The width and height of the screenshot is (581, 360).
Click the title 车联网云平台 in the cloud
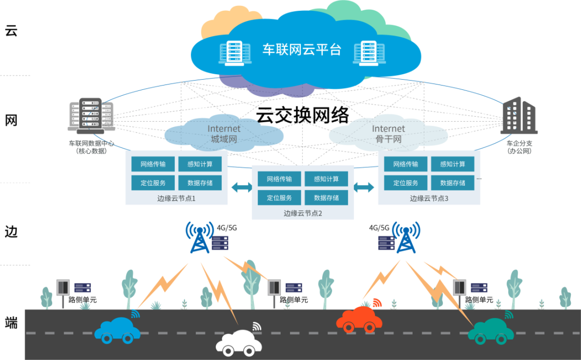(302, 50)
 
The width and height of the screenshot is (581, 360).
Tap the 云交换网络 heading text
(302, 115)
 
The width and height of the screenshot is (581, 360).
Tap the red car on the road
(356, 319)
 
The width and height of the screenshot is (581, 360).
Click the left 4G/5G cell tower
(200, 237)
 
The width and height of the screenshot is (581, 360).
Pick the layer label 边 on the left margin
(11, 232)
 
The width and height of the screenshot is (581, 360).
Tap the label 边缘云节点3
(429, 198)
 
